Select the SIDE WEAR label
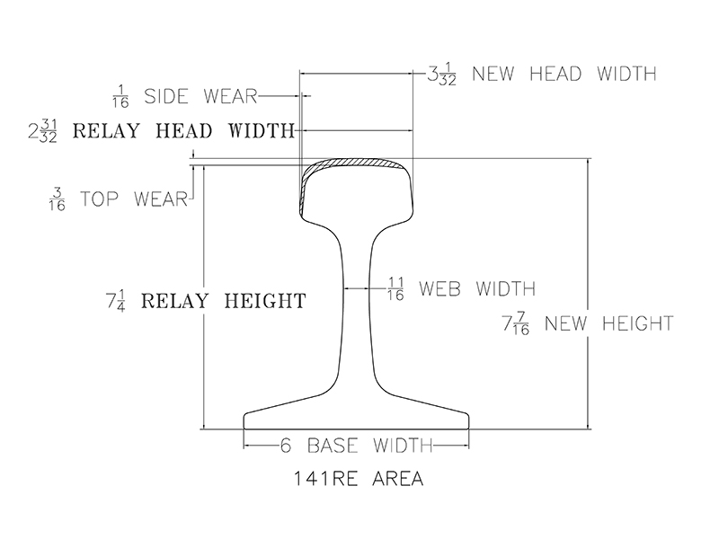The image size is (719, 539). [x=200, y=94]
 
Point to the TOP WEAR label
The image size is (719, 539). [x=142, y=196]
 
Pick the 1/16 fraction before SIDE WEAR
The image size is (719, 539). [x=121, y=94]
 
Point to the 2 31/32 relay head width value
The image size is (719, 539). [x=45, y=132]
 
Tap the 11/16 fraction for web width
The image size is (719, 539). [x=395, y=289]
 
